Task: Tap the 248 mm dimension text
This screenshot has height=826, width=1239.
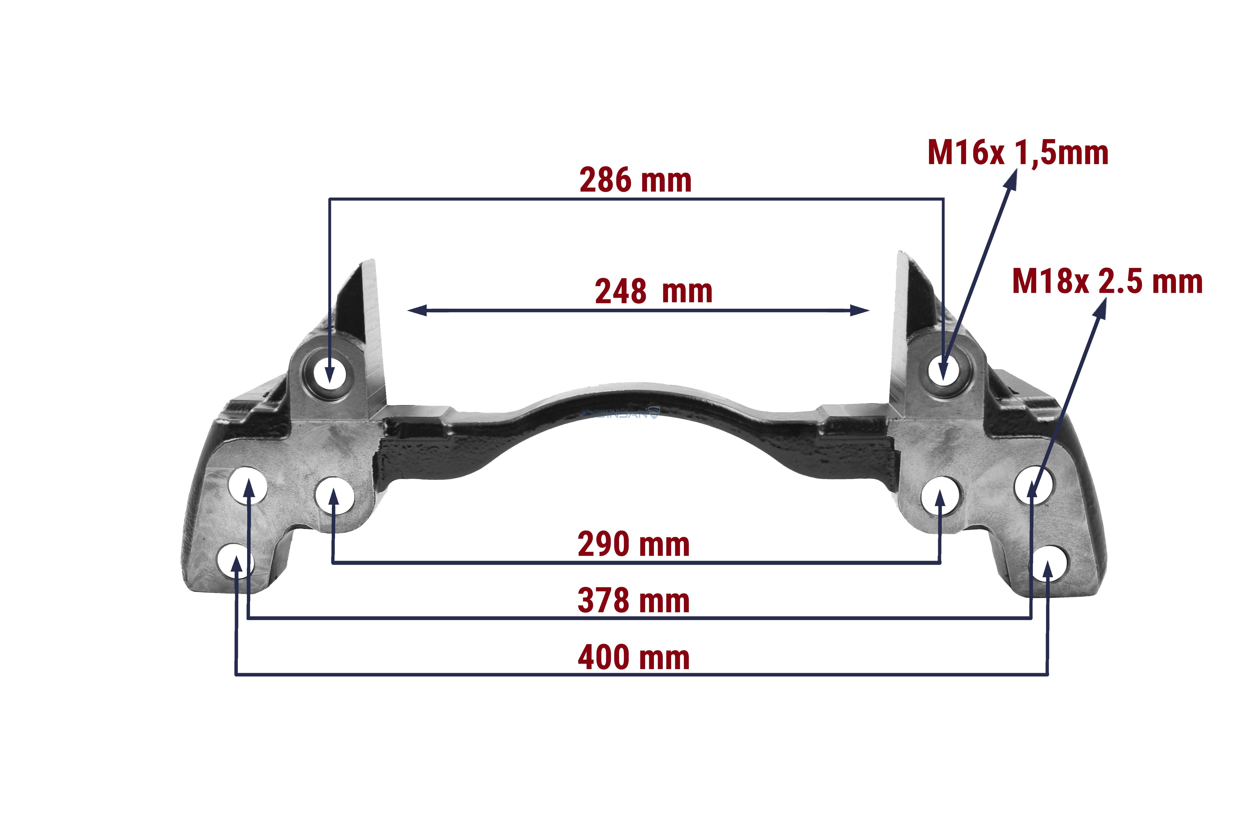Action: pyautogui.click(x=653, y=291)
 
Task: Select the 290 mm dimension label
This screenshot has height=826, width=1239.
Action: pyautogui.click(x=634, y=544)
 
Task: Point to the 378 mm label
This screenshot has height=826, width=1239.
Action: pyautogui.click(x=634, y=601)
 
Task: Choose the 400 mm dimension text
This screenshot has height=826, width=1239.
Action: pyautogui.click(x=634, y=658)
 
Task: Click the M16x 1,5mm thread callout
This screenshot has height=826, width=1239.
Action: pyautogui.click(x=1018, y=153)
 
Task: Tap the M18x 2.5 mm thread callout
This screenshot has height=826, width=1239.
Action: pyautogui.click(x=1107, y=281)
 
